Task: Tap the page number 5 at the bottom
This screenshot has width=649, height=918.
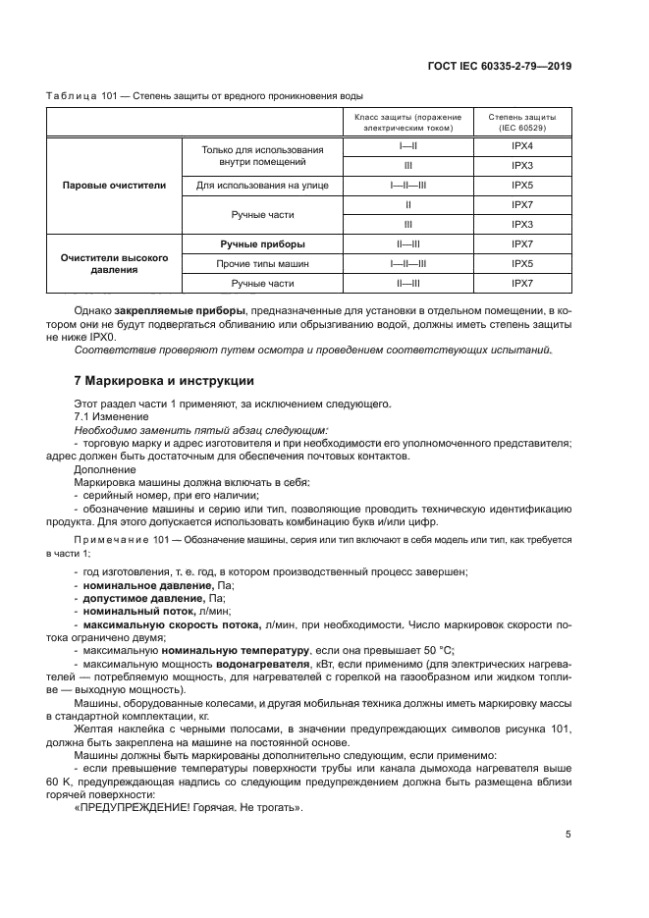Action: pos(568,835)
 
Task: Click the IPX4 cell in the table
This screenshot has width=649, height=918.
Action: pos(521,145)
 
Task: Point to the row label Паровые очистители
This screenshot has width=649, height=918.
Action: pos(114,185)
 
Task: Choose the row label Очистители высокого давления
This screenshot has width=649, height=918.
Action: pos(114,264)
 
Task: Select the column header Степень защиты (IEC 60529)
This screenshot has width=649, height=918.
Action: pos(521,122)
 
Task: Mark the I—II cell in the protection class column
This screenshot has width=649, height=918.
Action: pos(406,145)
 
